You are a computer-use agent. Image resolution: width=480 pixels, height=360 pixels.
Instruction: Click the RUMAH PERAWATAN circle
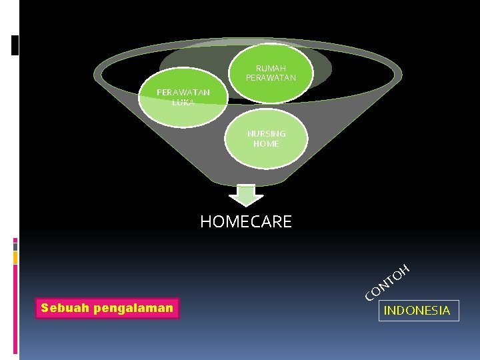271,73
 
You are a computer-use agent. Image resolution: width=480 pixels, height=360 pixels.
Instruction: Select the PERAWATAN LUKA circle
183,99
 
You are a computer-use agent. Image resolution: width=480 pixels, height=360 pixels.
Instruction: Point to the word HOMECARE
246,222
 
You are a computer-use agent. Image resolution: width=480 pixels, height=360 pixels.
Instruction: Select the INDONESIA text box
417,311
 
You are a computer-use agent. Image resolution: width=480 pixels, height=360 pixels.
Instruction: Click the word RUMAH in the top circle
271,69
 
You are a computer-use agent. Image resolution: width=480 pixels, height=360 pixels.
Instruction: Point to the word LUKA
183,103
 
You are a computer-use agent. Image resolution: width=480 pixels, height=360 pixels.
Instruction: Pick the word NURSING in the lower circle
266,133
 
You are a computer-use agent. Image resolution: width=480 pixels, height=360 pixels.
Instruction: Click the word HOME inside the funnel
266,143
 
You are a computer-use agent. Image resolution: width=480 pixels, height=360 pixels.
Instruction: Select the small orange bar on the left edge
15,246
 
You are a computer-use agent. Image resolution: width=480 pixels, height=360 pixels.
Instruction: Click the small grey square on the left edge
15,257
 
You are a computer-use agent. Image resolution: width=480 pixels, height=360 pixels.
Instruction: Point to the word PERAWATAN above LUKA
183,93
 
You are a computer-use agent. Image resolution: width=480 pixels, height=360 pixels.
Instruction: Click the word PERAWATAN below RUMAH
271,78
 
